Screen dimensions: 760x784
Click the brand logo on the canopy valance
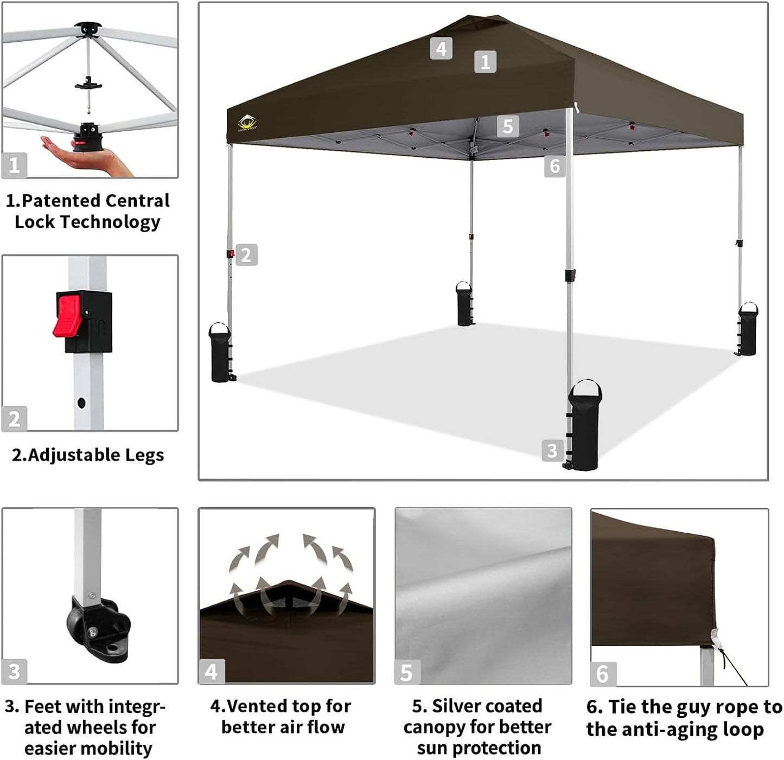click(x=247, y=123)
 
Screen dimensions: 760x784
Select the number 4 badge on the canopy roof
click(x=441, y=48)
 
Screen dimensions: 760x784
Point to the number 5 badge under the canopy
click(x=508, y=126)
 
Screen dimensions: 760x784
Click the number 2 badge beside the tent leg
click(x=246, y=254)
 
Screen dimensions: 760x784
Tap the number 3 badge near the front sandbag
click(x=552, y=450)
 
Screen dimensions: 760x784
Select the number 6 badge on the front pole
click(x=554, y=166)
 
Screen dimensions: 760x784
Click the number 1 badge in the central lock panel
click(x=14, y=165)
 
